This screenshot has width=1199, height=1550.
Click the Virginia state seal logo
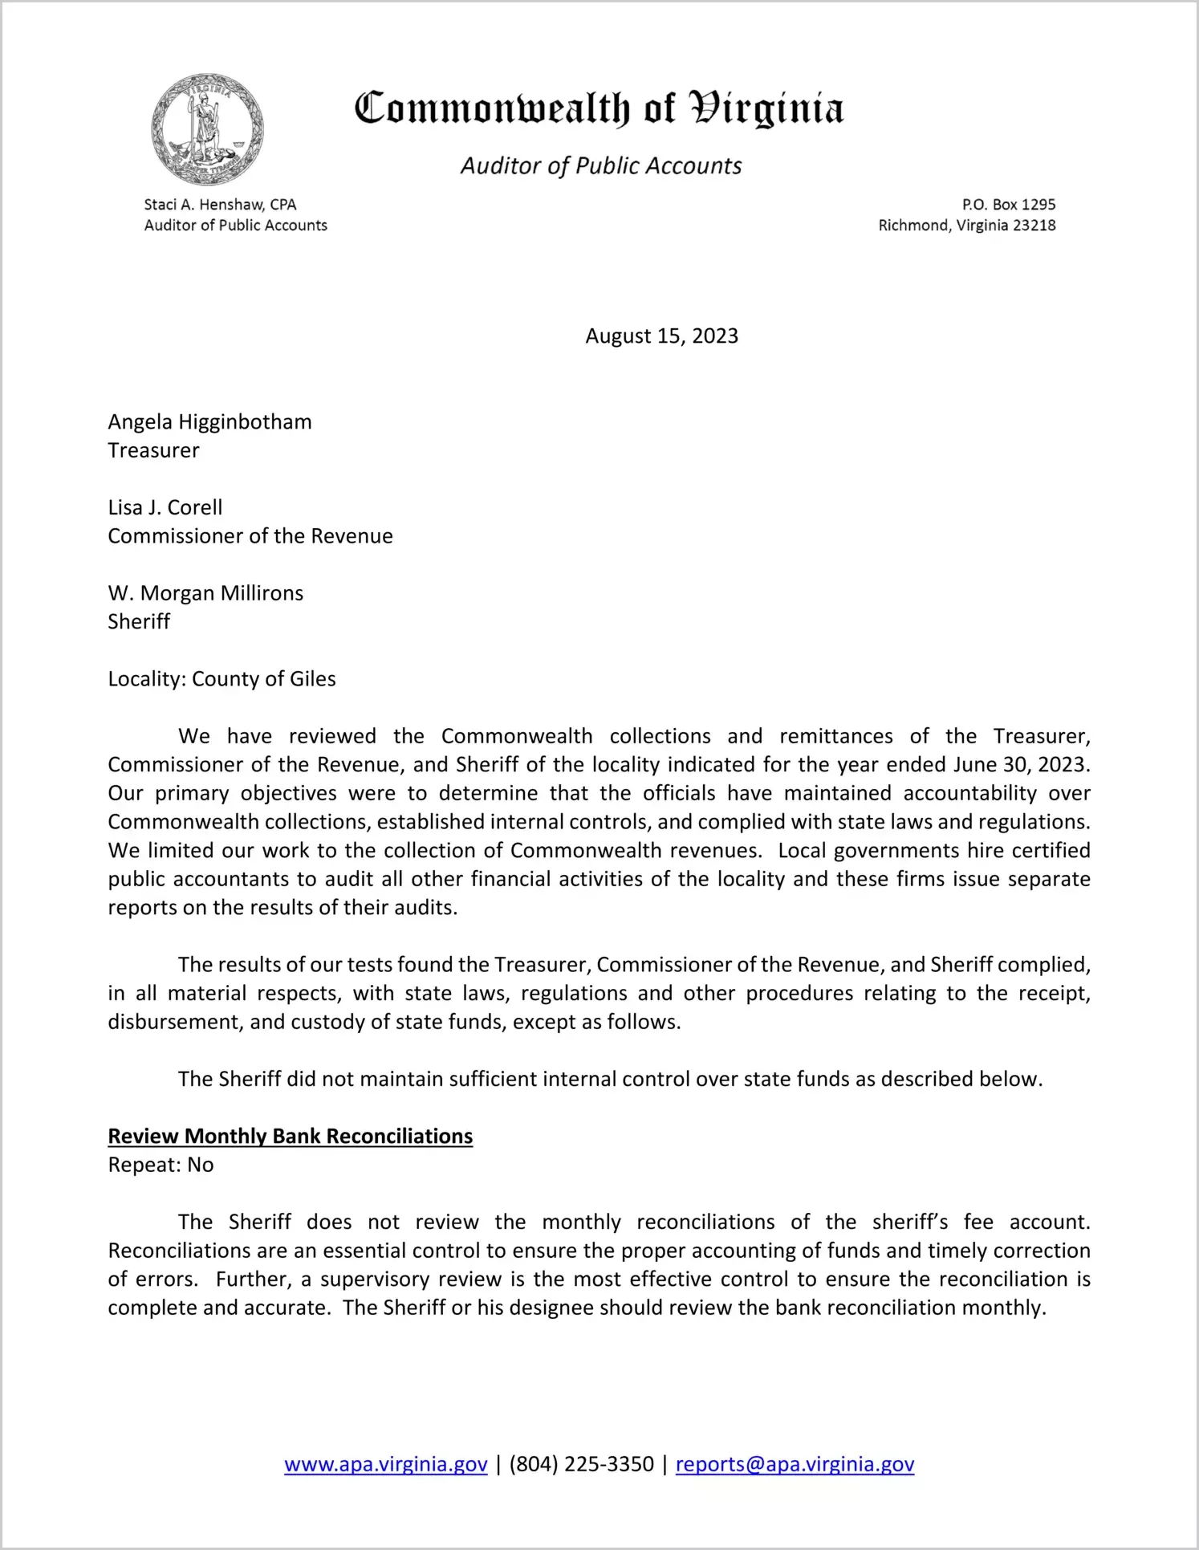pos(207,129)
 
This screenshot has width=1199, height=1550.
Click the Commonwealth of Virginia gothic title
pos(599,108)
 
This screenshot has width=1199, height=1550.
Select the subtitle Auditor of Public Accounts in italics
pos(600,165)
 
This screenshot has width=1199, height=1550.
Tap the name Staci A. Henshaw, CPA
pos(220,205)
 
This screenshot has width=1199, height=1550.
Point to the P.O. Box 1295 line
pos(1008,205)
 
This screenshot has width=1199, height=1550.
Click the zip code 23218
pos(1034,226)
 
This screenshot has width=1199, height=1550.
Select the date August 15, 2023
pos(661,336)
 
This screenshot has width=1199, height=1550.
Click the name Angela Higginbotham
pos(209,421)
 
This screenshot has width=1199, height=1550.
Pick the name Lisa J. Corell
pos(165,507)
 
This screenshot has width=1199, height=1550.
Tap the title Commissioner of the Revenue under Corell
pos(250,536)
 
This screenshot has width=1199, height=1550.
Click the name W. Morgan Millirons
pos(205,593)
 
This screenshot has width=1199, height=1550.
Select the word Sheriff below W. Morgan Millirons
pos(139,621)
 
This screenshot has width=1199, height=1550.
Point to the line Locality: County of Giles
pos(222,679)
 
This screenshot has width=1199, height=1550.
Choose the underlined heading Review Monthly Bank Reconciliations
pos(291,1137)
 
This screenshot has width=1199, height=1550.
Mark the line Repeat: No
pos(161,1165)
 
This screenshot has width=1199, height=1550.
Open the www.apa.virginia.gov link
pos(385,1464)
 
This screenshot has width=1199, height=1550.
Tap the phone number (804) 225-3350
pos(581,1464)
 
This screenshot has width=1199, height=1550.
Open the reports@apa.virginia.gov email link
pos(795,1464)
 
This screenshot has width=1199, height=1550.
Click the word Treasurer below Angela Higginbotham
pos(153,450)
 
